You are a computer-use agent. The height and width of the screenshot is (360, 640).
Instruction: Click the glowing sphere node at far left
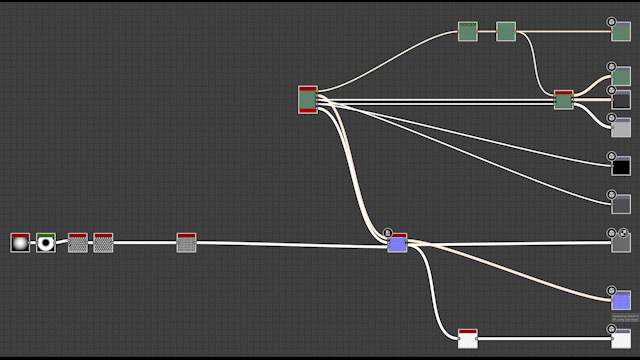(x=20, y=243)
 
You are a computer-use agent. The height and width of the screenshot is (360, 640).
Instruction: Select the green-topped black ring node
(x=45, y=243)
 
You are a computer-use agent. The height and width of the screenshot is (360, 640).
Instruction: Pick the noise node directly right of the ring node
(x=77, y=243)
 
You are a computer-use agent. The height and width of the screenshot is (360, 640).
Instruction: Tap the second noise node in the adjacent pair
(x=103, y=243)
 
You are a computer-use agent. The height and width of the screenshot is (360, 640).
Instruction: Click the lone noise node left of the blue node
(x=186, y=243)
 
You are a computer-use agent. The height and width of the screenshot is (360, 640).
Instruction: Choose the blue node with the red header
(x=397, y=243)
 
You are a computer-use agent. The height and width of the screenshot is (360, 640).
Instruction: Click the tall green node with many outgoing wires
(x=308, y=100)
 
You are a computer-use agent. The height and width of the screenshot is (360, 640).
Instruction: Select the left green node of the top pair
(x=468, y=32)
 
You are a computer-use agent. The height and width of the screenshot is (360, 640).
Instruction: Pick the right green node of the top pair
(x=506, y=32)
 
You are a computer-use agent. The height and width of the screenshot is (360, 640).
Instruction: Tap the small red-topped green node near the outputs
(x=564, y=100)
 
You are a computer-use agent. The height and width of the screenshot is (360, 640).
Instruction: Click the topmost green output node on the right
(x=621, y=32)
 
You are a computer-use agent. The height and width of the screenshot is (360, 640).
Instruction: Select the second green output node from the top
(x=621, y=76)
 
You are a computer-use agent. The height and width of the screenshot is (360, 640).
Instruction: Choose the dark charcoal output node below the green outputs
(x=621, y=100)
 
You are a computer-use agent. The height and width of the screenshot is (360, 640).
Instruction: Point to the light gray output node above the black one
(x=621, y=127)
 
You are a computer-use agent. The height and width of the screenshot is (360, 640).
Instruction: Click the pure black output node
(x=621, y=166)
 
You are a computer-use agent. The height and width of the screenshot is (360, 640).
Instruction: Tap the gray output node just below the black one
(x=621, y=204)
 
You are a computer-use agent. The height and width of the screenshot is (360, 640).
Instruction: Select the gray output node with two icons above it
(x=621, y=243)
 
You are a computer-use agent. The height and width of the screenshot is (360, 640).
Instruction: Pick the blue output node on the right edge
(x=621, y=300)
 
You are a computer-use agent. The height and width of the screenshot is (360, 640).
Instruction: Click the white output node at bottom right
(x=621, y=339)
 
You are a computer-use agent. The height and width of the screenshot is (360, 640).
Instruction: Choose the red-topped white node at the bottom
(x=468, y=339)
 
